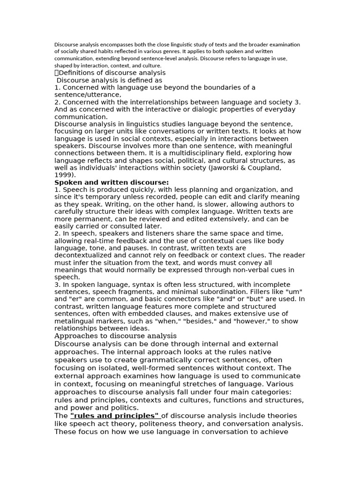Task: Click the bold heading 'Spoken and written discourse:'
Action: click(112, 182)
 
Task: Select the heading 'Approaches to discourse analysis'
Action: click(115, 336)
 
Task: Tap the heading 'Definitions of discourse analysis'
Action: click(112, 73)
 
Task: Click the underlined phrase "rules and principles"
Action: click(115, 416)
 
